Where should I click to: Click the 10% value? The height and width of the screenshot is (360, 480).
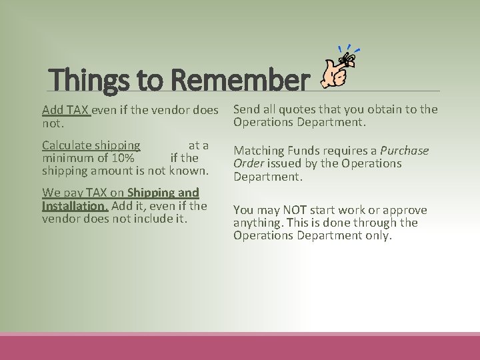123,158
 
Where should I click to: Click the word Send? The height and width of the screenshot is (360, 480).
247,109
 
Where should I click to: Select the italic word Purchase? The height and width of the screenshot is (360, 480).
404,151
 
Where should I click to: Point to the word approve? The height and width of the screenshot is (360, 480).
403,210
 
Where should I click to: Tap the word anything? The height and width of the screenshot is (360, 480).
259,223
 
